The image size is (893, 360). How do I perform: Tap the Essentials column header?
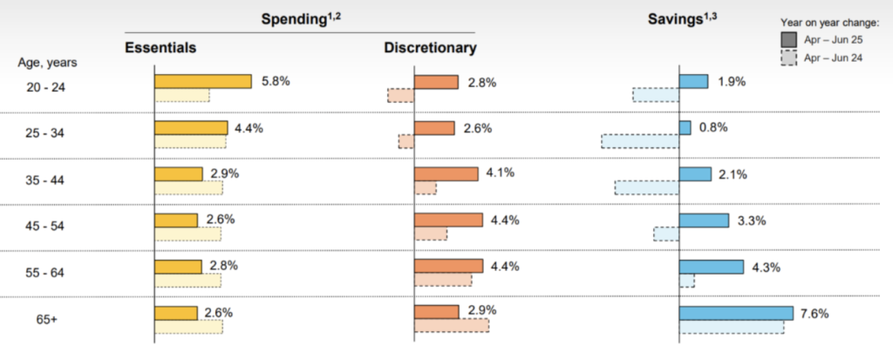(160, 47)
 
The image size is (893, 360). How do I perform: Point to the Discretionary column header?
(430, 47)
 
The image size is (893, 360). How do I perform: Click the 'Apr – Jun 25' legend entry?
(831, 39)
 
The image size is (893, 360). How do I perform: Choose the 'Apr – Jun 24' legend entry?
(831, 58)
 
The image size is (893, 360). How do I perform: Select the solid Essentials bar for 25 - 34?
(191, 128)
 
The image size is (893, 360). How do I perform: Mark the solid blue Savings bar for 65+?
(736, 313)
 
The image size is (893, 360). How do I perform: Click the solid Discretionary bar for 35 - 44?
(446, 173)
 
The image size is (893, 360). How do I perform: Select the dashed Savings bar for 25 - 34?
(640, 141)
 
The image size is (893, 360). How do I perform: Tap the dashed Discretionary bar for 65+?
(452, 325)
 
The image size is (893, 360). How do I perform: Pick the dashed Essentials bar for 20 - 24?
(182, 95)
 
